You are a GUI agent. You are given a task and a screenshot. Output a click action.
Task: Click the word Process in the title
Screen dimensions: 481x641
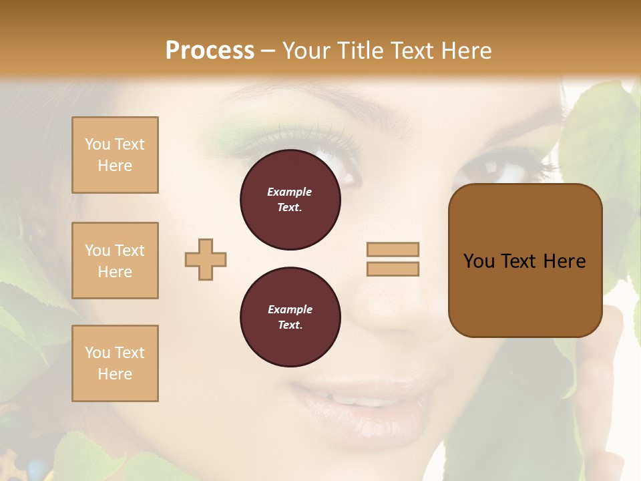point(210,51)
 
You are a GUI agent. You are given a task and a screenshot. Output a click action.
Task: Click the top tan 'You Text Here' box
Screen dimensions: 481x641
point(115,155)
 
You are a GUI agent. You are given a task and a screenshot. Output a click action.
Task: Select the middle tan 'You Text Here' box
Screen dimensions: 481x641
point(115,261)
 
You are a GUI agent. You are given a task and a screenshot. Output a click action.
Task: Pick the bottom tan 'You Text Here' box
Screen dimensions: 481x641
point(115,363)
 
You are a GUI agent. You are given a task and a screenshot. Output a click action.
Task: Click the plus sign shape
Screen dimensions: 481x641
point(206,259)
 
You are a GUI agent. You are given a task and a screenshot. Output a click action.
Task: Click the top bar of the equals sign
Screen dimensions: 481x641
point(393,249)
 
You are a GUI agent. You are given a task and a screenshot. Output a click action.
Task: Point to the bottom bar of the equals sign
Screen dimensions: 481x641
point(393,269)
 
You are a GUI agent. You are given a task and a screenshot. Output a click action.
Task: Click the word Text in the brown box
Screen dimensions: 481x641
point(524,261)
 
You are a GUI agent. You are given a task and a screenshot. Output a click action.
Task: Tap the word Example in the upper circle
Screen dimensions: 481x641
point(290,192)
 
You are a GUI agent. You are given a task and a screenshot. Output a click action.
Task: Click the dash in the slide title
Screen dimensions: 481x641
point(268,51)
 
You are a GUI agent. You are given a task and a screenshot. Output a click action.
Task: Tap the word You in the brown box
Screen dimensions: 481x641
point(479,261)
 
